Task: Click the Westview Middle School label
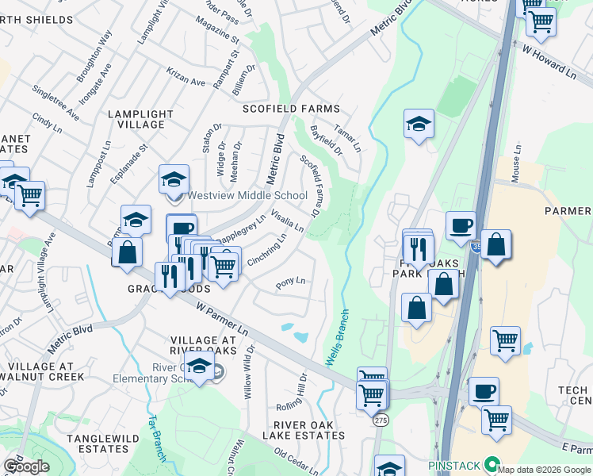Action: (247, 196)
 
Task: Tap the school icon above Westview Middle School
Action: (174, 180)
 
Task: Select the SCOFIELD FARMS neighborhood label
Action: (291, 109)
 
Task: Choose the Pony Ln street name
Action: (290, 282)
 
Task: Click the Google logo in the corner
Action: (26, 467)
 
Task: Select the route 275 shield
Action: (381, 421)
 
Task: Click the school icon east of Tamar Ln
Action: (419, 125)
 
